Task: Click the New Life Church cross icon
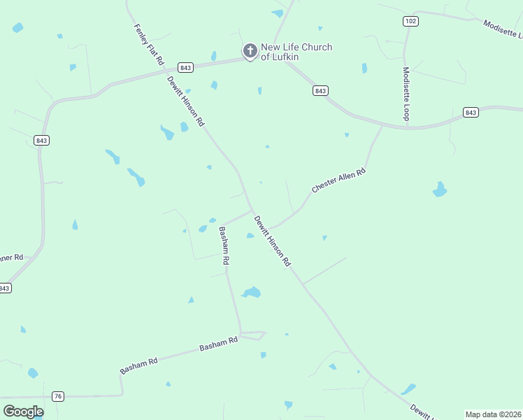pos(250,50)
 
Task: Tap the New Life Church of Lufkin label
pos(296,52)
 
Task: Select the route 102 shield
pos(410,21)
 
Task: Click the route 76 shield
pos(58,396)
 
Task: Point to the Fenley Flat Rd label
pos(148,43)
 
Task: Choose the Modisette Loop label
pos(406,93)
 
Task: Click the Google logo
pos(23,412)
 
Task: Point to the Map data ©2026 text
pos(494,414)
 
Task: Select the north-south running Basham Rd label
pos(224,245)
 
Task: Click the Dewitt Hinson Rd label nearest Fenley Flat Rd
pos(185,101)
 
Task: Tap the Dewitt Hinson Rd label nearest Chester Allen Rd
pos(271,241)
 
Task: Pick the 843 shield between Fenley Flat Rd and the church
pos(185,67)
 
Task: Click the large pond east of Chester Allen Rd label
pos(439,190)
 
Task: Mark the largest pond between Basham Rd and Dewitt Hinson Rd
pos(251,292)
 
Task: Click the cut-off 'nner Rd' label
pos(11,258)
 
